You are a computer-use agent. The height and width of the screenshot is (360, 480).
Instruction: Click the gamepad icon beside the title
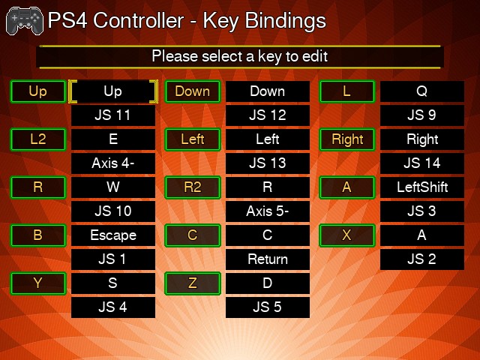[x=24, y=21]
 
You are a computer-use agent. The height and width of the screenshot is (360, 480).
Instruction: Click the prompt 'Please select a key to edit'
[x=240, y=56]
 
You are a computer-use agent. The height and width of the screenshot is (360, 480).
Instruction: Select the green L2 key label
[x=38, y=139]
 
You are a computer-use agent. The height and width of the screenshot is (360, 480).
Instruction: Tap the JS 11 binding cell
[x=113, y=115]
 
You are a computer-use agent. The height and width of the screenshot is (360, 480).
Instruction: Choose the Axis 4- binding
[x=113, y=163]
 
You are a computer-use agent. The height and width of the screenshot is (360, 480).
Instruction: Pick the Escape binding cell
[x=113, y=235]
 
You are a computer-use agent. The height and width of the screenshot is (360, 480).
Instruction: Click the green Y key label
[x=38, y=283]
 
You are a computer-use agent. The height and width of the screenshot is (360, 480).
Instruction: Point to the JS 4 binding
[x=113, y=307]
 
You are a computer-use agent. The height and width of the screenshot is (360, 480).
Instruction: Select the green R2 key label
[x=193, y=187]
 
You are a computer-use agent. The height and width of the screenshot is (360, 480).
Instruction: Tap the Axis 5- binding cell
[x=268, y=211]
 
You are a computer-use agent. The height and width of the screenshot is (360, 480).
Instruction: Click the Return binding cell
[x=268, y=259]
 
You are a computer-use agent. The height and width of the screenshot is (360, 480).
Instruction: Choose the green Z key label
[x=193, y=283]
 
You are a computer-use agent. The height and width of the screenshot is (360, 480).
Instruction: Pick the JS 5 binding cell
[x=268, y=307]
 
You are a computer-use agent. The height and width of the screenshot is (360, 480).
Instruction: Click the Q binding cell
[x=422, y=91]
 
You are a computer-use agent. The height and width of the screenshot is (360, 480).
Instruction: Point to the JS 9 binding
[x=422, y=115]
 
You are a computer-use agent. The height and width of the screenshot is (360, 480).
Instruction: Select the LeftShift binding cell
[x=422, y=187]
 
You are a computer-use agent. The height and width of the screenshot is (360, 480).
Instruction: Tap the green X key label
[x=347, y=235]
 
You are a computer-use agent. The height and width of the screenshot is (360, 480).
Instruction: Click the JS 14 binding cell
[x=422, y=163]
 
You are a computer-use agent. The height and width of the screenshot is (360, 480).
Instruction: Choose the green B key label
[x=38, y=235]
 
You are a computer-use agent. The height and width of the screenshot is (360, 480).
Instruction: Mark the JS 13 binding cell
[x=268, y=163]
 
